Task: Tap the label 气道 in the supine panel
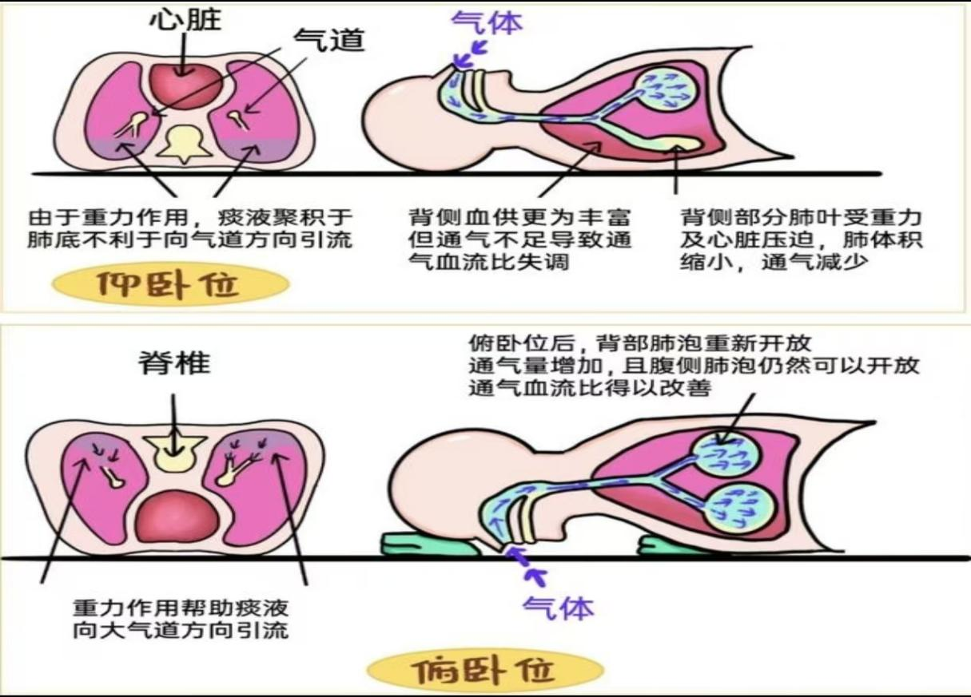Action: tap(329, 40)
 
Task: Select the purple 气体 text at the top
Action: tap(487, 22)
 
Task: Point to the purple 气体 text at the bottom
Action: tap(558, 608)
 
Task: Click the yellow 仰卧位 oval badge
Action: tap(170, 284)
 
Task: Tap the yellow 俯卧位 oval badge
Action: tap(485, 670)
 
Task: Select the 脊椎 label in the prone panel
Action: tap(175, 363)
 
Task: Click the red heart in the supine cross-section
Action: tap(186, 86)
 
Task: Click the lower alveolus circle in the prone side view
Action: tap(740, 509)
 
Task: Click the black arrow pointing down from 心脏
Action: tap(184, 54)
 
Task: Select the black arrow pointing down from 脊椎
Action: tap(174, 425)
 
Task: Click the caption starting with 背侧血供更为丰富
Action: tap(519, 240)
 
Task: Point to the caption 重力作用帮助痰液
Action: tap(181, 620)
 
